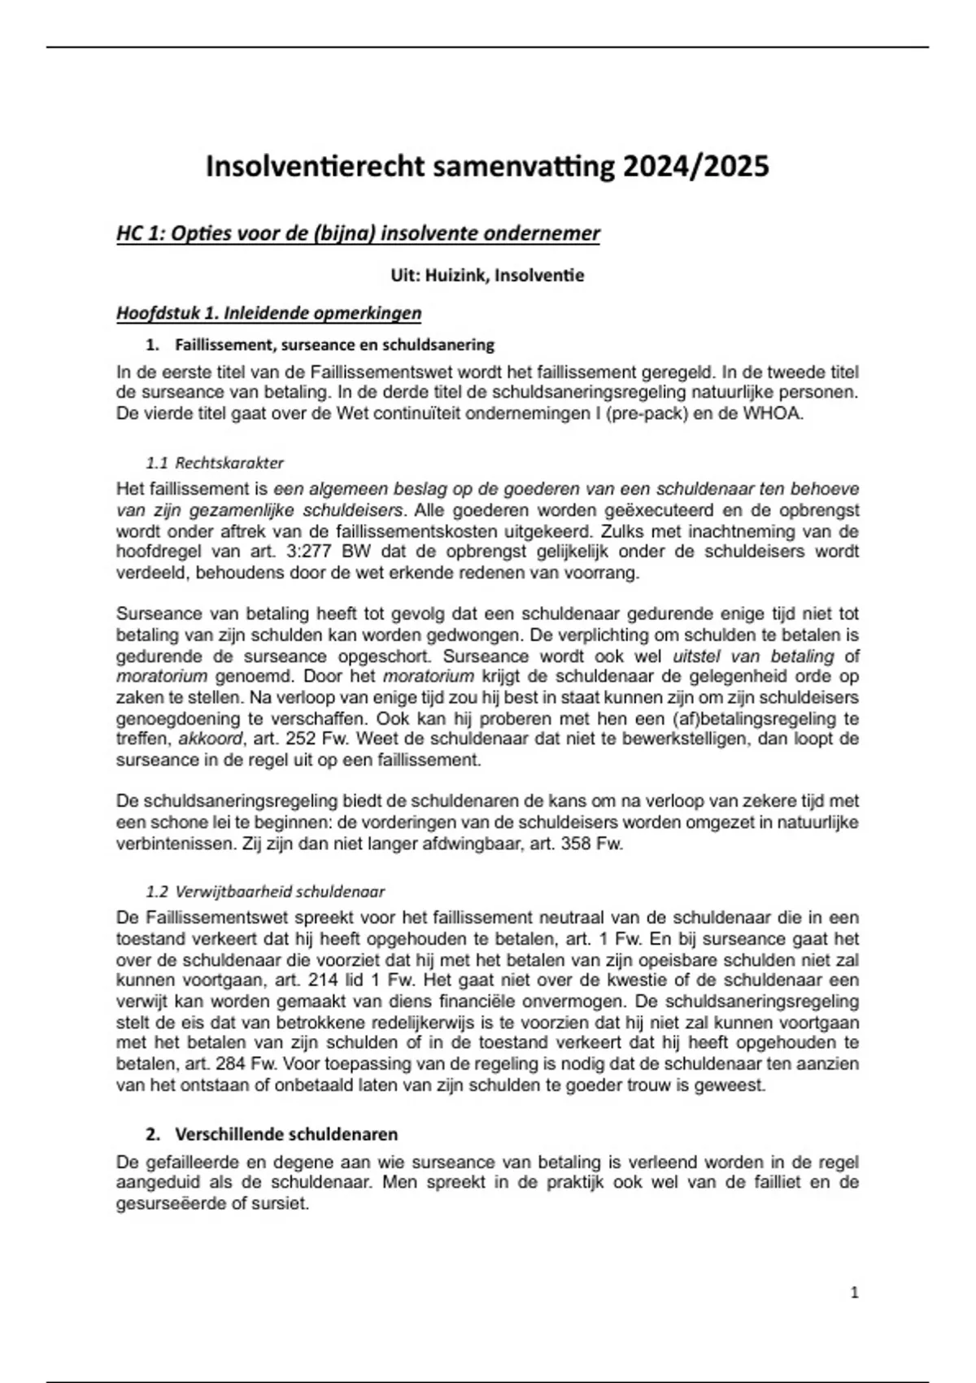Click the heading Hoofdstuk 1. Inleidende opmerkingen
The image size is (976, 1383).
(268, 313)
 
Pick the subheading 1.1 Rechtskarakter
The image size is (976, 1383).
(215, 463)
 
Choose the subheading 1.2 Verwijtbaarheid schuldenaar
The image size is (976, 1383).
(265, 891)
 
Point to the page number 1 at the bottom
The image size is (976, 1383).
(854, 1292)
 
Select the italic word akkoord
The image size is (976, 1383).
(210, 739)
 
